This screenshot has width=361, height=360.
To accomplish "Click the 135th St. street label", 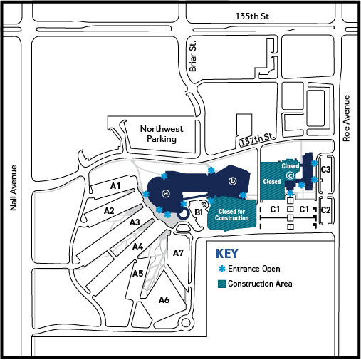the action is (253, 16).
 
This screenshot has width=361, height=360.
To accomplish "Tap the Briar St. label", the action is (193, 56).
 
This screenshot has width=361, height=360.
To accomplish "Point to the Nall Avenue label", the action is (14, 187).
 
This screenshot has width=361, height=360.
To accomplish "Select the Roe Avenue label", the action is (347, 118).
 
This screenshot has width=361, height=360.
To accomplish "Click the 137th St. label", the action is (258, 140).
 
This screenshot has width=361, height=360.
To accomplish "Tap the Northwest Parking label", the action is (162, 134).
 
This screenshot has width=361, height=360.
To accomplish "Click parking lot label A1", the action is (115, 186).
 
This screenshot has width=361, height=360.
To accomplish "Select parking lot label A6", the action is (164, 300).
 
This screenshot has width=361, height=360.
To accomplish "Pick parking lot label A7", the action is (178, 253).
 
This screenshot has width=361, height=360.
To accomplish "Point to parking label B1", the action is (199, 212).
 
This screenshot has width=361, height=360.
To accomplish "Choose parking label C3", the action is (325, 170).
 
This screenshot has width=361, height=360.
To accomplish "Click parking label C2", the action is (325, 210).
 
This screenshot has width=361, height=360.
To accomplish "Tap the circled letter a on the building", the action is (166, 194).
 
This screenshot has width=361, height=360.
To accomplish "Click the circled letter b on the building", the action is (233, 181).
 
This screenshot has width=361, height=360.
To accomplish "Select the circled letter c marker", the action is (290, 175).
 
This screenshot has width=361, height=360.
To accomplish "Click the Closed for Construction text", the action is (231, 215).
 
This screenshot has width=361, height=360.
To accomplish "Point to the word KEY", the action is (227, 254).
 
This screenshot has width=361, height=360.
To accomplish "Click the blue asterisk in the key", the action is (222, 269).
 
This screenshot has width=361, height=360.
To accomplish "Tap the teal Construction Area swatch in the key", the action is (221, 284).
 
